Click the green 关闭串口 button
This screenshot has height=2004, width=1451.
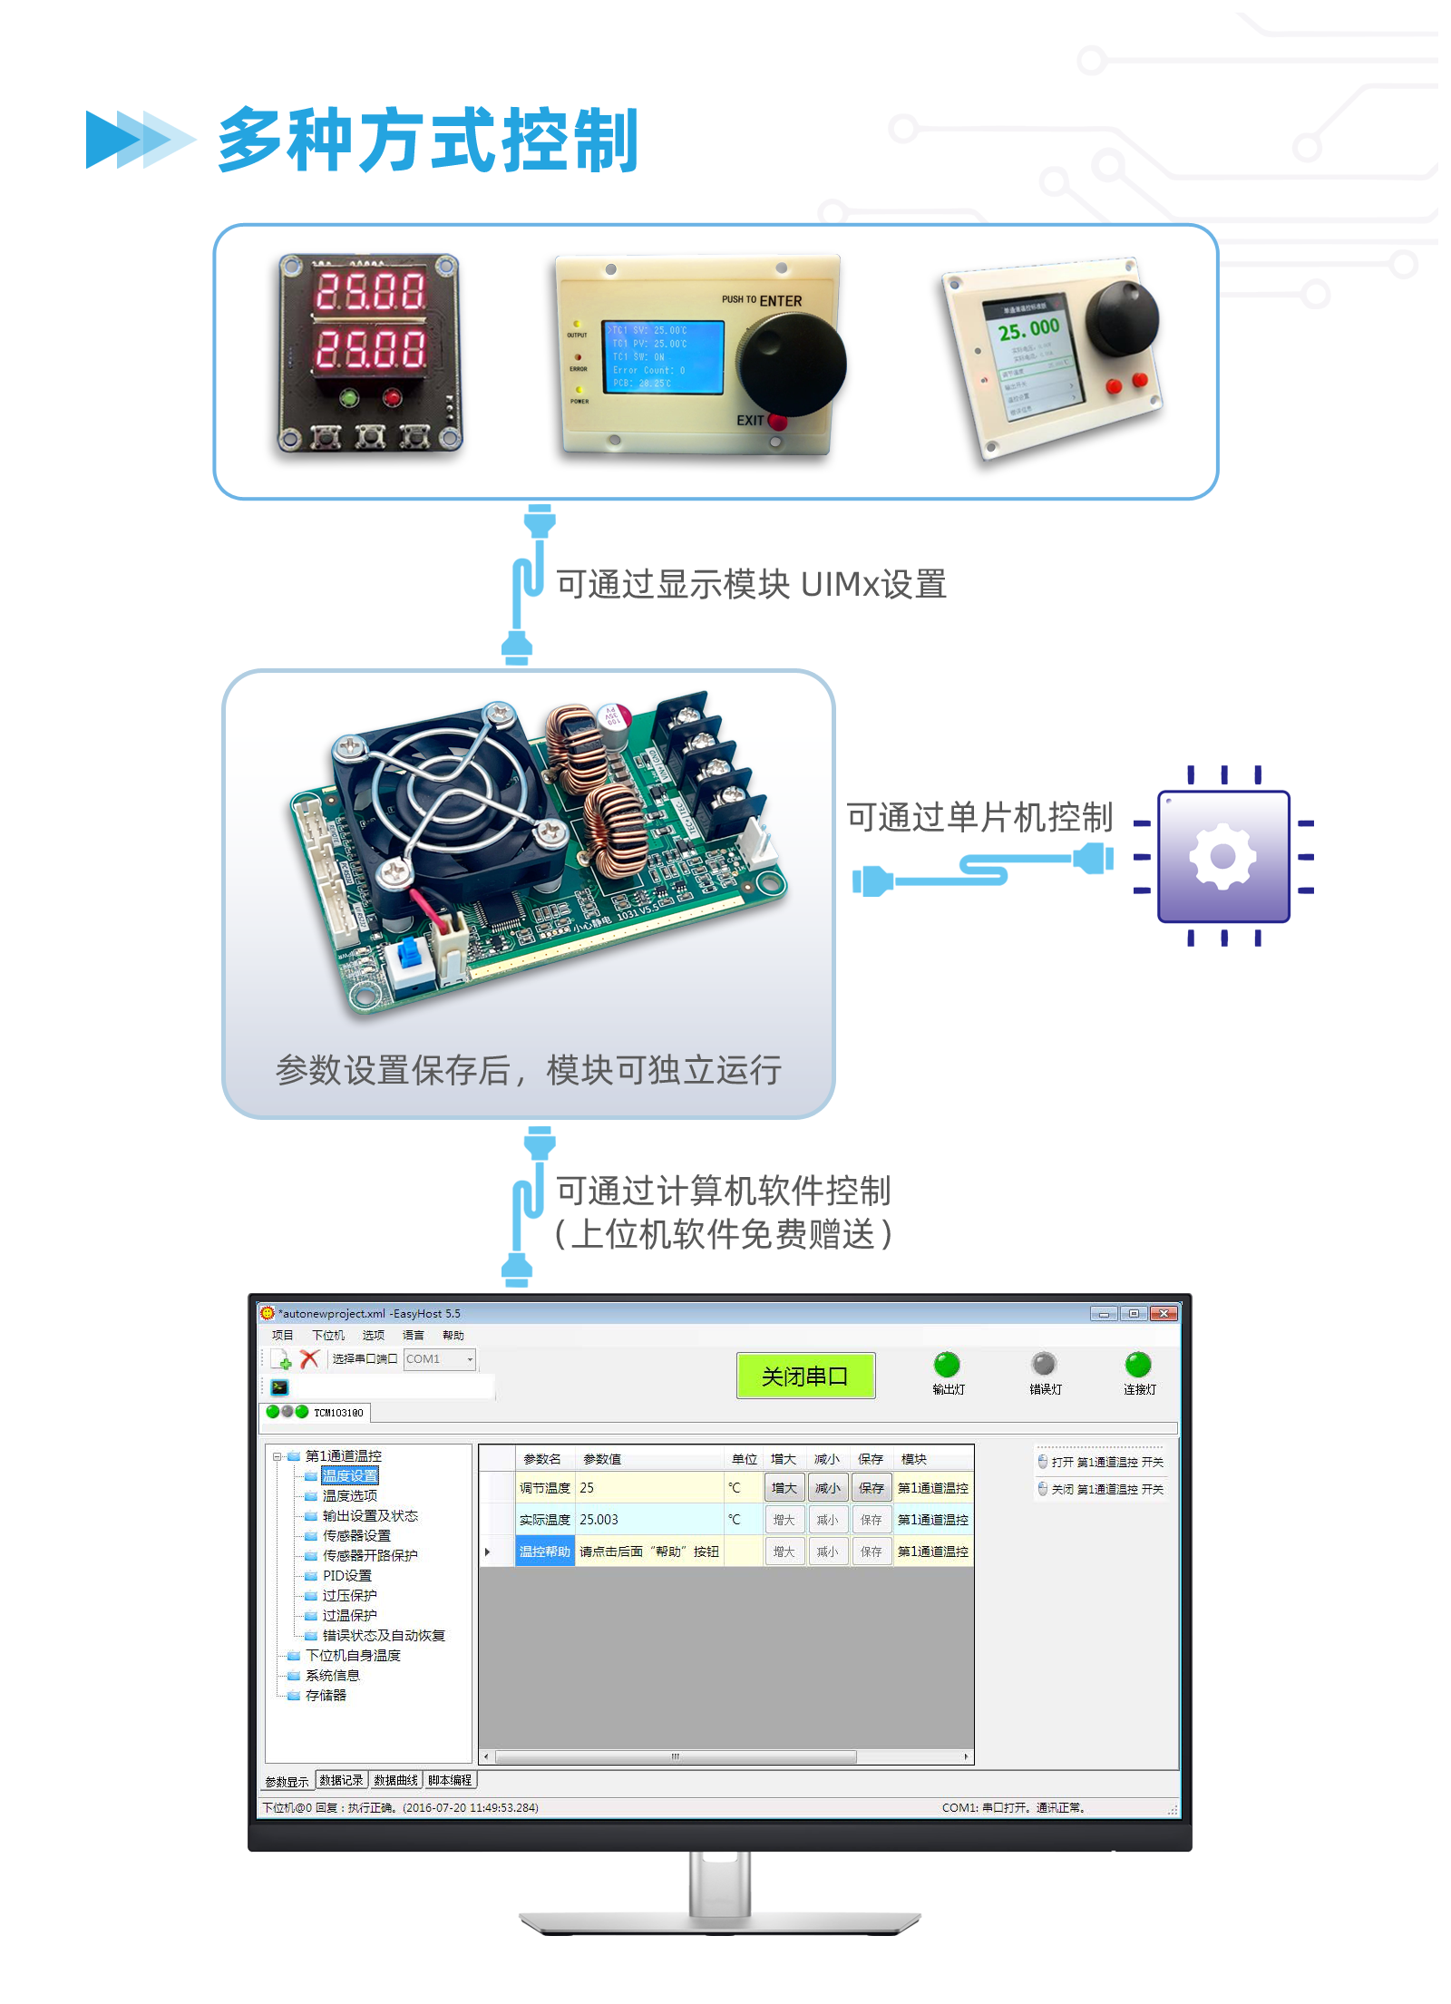click(x=805, y=1376)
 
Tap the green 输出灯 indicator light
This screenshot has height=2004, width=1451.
click(x=947, y=1364)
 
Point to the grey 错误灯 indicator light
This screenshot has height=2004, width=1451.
click(x=1044, y=1364)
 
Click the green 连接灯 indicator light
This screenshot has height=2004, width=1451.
click(x=1138, y=1364)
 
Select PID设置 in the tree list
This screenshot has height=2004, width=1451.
click(x=346, y=1576)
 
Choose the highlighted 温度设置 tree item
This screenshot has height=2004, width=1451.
click(x=350, y=1476)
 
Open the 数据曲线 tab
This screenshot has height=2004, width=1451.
click(x=396, y=1780)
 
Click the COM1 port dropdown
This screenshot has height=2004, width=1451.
click(x=440, y=1359)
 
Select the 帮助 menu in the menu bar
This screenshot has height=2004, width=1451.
click(x=453, y=1336)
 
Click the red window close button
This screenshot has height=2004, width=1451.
click(x=1164, y=1314)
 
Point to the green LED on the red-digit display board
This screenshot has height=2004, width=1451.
click(x=348, y=397)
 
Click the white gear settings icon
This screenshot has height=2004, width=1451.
click(x=1222, y=856)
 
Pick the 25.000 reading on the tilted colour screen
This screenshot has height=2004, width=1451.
click(x=1028, y=329)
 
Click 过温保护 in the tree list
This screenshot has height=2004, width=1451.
click(x=349, y=1616)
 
